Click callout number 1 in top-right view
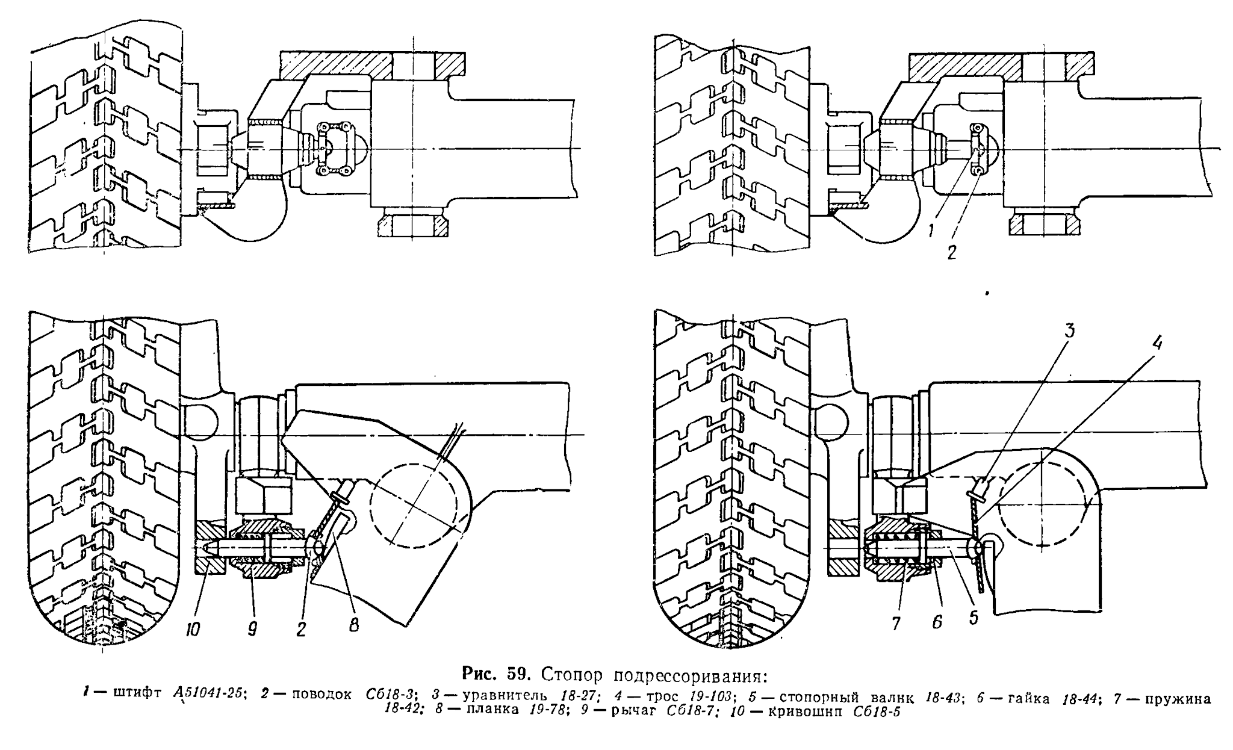coord(931,230)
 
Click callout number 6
coord(937,622)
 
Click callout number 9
coord(252,628)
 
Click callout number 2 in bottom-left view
coord(301,628)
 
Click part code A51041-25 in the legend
coord(208,693)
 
